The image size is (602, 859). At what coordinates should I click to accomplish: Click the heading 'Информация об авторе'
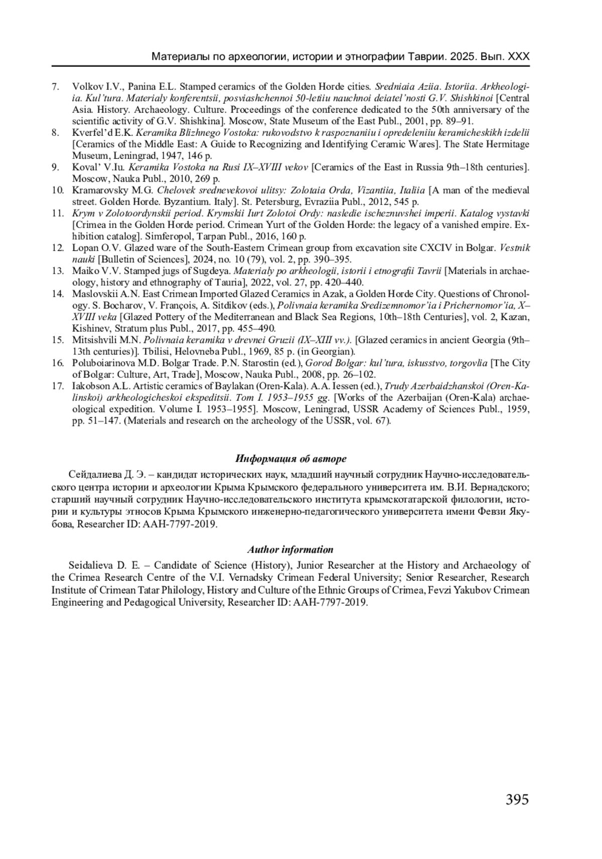(x=291, y=459)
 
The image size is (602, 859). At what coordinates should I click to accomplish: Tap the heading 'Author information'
(x=290, y=550)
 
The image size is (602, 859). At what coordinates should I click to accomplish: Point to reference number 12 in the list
(x=58, y=248)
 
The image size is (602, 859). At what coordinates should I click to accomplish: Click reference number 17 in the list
(x=58, y=386)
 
